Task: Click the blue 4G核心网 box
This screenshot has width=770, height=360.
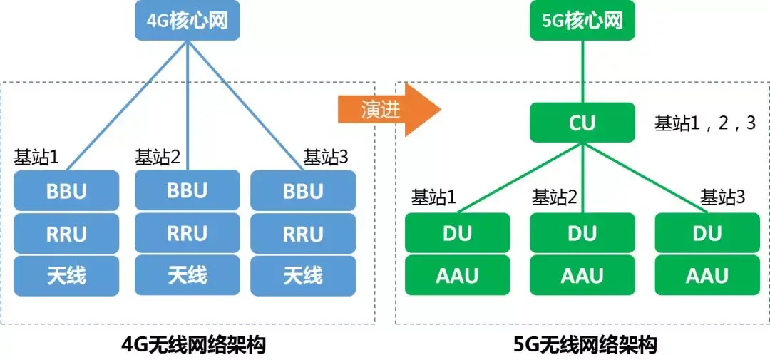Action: click(187, 21)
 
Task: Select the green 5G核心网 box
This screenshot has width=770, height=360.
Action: click(582, 21)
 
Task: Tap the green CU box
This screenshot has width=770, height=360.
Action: click(582, 123)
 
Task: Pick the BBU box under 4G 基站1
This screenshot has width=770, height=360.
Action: click(66, 191)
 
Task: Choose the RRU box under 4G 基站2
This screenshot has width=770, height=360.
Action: click(187, 233)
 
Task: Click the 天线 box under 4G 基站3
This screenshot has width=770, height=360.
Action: click(303, 276)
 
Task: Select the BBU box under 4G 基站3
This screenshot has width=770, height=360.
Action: click(303, 191)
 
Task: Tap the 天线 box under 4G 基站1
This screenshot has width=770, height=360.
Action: click(66, 276)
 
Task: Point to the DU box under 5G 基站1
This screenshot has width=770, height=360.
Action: click(457, 233)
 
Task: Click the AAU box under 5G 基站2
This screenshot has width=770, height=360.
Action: click(582, 275)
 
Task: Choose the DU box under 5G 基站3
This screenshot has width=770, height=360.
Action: click(707, 233)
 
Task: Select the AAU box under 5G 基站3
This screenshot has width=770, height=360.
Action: click(707, 275)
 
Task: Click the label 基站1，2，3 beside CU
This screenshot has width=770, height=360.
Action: click(705, 123)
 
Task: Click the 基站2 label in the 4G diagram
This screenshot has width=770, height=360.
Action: click(158, 157)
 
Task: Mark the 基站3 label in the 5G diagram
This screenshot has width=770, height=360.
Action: click(722, 197)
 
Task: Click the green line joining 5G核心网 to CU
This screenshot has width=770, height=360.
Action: click(582, 71)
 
